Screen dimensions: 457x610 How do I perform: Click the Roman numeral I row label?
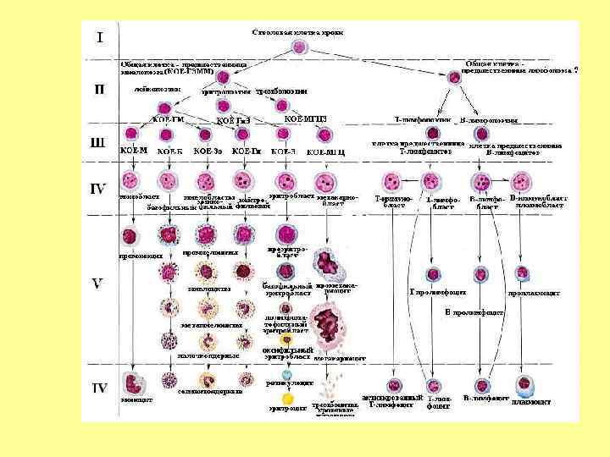click(x=101, y=37)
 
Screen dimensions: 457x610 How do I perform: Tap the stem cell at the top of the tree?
click(x=301, y=48)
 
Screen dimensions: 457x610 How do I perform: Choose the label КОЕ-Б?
click(x=170, y=151)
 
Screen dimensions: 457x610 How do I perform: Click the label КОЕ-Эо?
click(x=208, y=151)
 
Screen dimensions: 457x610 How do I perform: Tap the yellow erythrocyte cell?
click(x=287, y=397)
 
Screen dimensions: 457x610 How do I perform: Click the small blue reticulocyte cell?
click(x=287, y=375)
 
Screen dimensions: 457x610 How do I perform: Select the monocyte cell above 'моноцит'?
click(x=133, y=380)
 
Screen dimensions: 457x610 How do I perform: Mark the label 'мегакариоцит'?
click(x=338, y=359)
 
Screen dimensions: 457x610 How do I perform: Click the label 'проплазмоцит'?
click(x=534, y=293)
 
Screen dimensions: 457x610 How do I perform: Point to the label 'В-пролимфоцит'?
click(x=474, y=312)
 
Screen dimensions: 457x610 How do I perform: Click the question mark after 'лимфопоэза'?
click(x=575, y=71)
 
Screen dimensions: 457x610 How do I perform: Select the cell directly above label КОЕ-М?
click(x=132, y=134)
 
